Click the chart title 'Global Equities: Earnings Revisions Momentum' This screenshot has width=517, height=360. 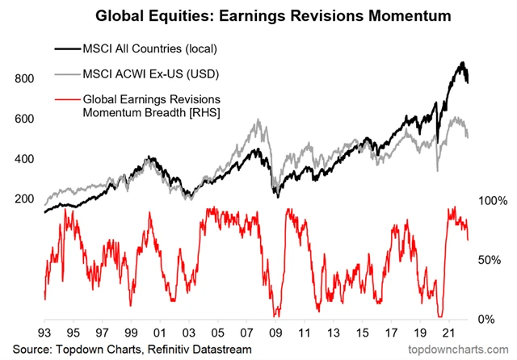[x=258, y=15]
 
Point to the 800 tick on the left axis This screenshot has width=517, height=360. [x=24, y=79]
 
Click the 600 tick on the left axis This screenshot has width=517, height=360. [x=24, y=119]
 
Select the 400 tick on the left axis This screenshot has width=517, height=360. [x=24, y=159]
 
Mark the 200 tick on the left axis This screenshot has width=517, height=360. [x=24, y=199]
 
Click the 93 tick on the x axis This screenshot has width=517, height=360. [x=44, y=333]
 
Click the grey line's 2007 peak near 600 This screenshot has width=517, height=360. [x=258, y=121]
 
